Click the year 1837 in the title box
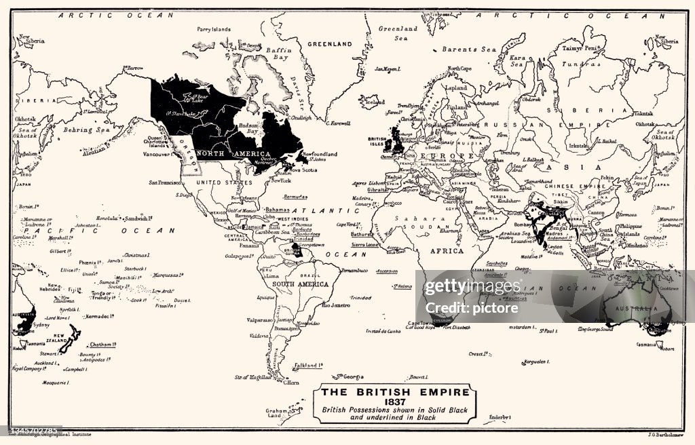point(394,401)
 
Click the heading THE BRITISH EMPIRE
point(394,392)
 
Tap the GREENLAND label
point(330,44)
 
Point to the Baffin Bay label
point(278,54)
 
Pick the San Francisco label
point(164,182)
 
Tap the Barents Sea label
point(470,50)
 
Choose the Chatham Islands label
point(101,344)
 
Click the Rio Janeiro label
point(335,305)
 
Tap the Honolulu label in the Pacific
point(107,218)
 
